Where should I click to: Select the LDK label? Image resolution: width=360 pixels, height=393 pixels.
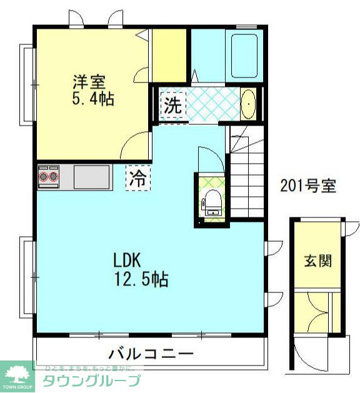[129, 259]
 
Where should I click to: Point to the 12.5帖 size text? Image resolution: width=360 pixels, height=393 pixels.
[141, 279]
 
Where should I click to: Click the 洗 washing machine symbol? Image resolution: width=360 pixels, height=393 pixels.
[172, 105]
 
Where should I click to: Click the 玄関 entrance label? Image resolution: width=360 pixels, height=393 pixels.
[318, 261]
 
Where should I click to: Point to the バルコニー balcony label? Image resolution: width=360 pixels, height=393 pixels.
[151, 354]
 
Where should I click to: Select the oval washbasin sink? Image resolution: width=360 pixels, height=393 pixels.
[248, 104]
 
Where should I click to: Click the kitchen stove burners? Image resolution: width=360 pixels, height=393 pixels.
[48, 177]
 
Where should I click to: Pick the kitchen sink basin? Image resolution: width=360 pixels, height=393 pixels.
[91, 177]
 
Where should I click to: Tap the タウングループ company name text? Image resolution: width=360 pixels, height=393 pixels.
[91, 380]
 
